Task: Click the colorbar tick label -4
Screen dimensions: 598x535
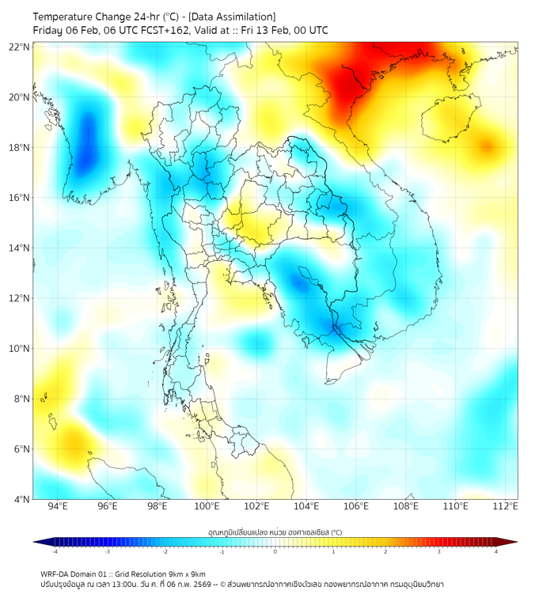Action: pyautogui.click(x=55, y=551)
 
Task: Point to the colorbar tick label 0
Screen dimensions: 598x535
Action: pyautogui.click(x=275, y=551)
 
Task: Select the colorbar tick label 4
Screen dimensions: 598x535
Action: pyautogui.click(x=496, y=551)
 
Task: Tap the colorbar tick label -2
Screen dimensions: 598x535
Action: pyautogui.click(x=165, y=551)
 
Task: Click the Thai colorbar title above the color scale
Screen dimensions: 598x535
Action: pyautogui.click(x=275, y=532)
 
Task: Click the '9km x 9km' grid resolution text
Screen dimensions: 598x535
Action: pyautogui.click(x=188, y=574)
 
